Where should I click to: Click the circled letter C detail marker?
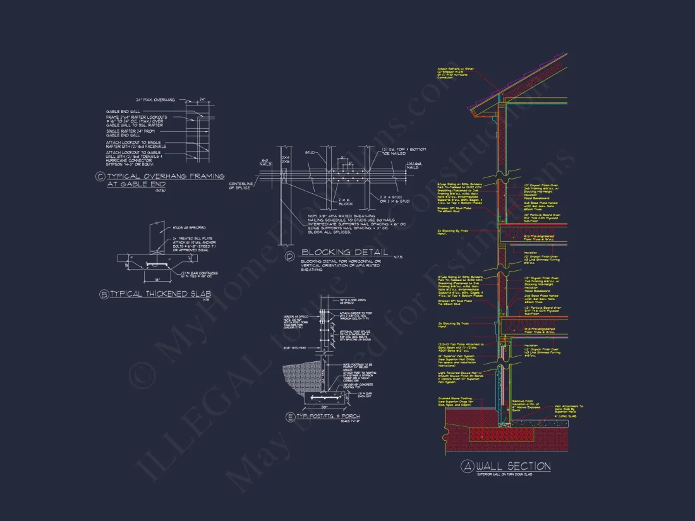(100, 177)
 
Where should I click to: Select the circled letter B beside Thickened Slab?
(104, 294)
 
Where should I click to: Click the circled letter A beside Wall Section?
(468, 467)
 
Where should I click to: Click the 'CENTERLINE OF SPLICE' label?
(240, 184)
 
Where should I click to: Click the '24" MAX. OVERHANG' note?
(155, 100)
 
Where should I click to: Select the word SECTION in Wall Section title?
(528, 467)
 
